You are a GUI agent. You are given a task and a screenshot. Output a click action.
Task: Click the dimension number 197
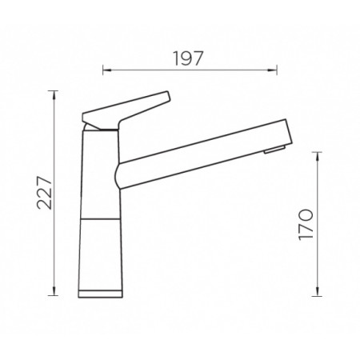(189, 58)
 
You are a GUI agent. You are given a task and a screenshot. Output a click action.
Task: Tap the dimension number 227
(44, 192)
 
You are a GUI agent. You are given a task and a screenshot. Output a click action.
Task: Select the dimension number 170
(306, 225)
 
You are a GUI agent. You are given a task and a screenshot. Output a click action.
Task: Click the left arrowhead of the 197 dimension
(107, 70)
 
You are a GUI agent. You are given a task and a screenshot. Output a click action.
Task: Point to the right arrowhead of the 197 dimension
(273, 70)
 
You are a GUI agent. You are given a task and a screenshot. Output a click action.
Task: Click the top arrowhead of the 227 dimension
(54, 95)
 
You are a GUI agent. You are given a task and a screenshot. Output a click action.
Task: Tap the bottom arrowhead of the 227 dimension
(54, 291)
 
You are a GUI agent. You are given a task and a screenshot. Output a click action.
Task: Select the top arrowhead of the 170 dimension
(318, 157)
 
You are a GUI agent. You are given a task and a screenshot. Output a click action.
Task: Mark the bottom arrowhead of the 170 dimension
(318, 291)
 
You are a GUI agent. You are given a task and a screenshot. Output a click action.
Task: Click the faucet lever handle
(126, 110)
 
